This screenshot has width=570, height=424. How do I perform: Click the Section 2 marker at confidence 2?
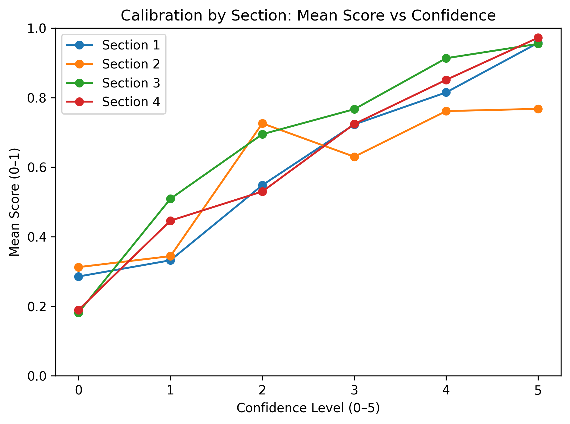point(262,123)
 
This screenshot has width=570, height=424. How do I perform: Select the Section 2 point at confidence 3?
point(354,157)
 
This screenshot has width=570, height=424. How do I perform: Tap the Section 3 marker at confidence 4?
point(446,58)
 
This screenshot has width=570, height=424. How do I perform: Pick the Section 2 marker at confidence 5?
point(538,109)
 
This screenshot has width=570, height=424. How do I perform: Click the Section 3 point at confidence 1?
point(170,199)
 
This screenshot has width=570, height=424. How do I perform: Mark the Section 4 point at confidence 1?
point(170,221)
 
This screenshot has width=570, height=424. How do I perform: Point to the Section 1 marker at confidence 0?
point(78,277)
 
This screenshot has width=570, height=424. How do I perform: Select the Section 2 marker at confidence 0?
point(78,267)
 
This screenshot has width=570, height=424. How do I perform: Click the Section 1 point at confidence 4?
point(446,92)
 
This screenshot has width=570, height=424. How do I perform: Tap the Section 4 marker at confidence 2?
point(262,191)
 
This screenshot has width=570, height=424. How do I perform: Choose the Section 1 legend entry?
point(131,45)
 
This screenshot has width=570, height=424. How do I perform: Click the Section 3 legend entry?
point(131,83)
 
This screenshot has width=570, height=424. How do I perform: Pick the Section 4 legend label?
point(131,102)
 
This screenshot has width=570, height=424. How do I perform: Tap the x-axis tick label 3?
point(354,391)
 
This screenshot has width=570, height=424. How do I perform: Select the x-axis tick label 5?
point(538,391)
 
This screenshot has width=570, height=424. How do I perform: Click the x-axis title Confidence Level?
point(308,408)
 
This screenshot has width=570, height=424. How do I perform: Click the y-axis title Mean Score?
point(14,202)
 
